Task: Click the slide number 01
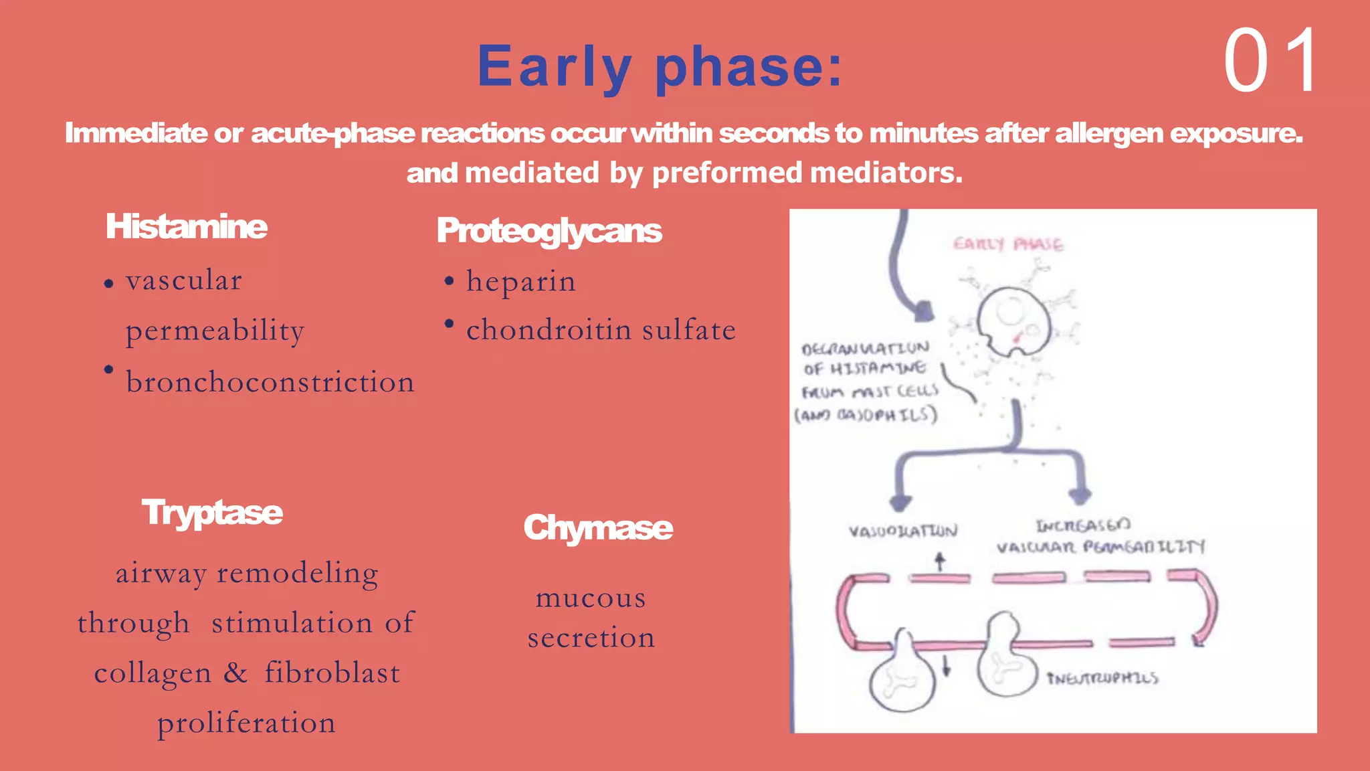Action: [x=1270, y=61]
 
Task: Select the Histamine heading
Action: [x=187, y=227]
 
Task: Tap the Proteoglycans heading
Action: [x=549, y=231]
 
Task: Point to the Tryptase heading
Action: [x=212, y=513]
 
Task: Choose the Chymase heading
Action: [x=598, y=528]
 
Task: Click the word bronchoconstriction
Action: [x=270, y=382]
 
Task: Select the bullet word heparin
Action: [x=521, y=282]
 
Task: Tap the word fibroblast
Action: [x=332, y=673]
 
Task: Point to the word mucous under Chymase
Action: [x=591, y=598]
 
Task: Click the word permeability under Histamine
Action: [x=215, y=331]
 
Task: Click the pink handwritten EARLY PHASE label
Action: [x=1008, y=244]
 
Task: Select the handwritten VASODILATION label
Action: [x=903, y=531]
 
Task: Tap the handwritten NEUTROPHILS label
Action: [x=1102, y=679]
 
